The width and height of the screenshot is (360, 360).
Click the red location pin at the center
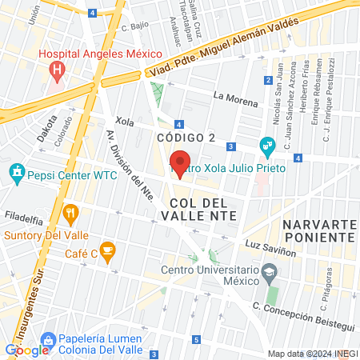click(x=181, y=163)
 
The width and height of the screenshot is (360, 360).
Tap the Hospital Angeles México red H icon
click(x=57, y=70)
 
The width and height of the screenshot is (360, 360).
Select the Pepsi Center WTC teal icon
click(x=16, y=171)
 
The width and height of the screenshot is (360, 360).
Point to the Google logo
click(x=26, y=350)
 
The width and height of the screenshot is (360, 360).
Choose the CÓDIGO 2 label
click(x=186, y=138)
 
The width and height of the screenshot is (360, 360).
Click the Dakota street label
click(x=46, y=130)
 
